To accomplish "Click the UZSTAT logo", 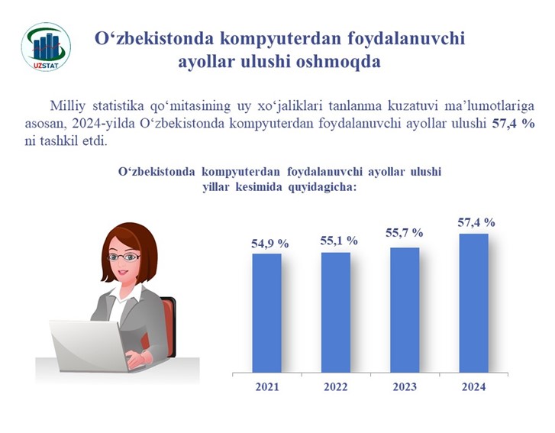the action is coord(46,47).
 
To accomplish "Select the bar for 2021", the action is coord(267,313).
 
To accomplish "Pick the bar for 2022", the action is coord(336,312).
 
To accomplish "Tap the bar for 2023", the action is coord(405,310).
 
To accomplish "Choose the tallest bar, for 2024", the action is coord(474,303).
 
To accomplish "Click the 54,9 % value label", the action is coord(270,244).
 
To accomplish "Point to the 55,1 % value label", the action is coord(339,241).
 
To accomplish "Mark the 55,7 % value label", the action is coord(405,233).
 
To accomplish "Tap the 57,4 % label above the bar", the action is coord(476,222).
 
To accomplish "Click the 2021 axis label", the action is coord(267,386).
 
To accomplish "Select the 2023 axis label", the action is coord(405,386).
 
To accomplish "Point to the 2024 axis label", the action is coord(474,386).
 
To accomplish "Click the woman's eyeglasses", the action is coord(124,257).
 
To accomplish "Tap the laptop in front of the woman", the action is coord(90,346).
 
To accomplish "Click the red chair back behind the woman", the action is coord(167,326).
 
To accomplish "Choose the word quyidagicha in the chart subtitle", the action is coord(322,187).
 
